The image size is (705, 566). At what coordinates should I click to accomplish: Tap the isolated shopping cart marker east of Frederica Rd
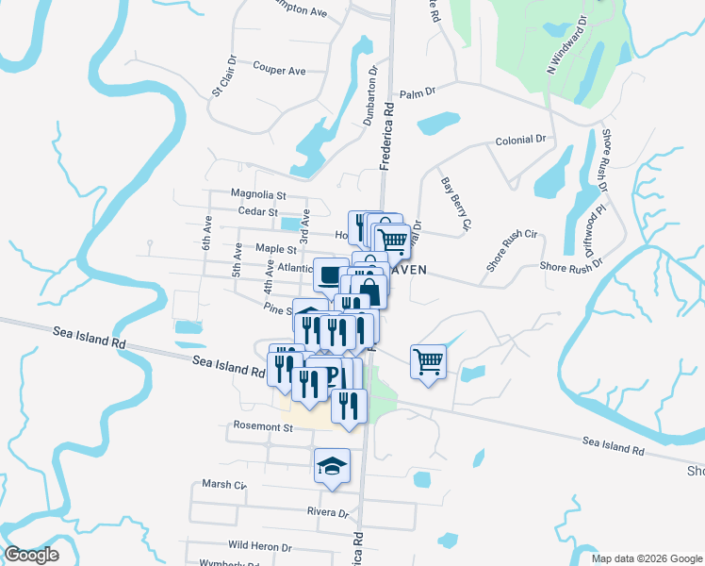click(428, 360)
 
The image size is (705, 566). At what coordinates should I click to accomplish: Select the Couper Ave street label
click(279, 70)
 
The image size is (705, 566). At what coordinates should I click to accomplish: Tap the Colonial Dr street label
click(520, 140)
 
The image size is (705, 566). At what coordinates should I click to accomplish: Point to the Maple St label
click(276, 250)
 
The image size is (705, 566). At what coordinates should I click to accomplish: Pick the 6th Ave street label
click(206, 232)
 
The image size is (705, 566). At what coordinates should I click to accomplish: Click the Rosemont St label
click(262, 426)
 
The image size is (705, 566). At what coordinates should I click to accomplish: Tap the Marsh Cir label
click(223, 485)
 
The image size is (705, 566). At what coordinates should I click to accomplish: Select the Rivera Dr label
click(327, 514)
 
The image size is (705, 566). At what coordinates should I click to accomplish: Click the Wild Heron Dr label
click(260, 545)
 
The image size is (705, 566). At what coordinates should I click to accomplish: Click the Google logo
click(31, 555)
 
